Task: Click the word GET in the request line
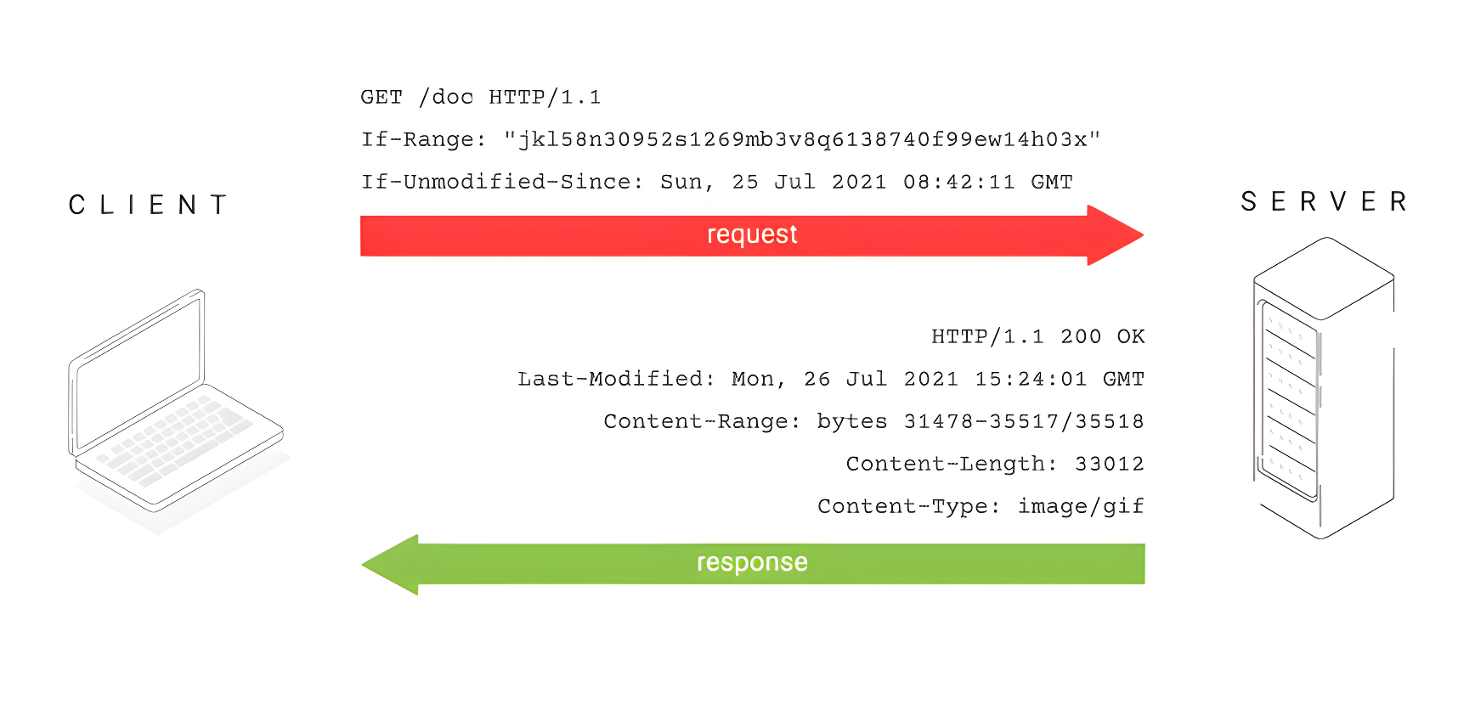tap(381, 97)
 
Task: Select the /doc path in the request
tap(446, 97)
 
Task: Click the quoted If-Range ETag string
tap(802, 139)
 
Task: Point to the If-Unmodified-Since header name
tap(502, 182)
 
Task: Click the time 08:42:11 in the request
tap(959, 182)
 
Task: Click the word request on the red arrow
tap(752, 234)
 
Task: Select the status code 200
tap(1081, 336)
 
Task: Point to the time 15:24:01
tap(1031, 379)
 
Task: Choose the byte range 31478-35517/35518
tap(1024, 421)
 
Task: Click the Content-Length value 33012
tap(1110, 464)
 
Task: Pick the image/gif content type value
tap(1081, 506)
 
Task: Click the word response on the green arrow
tap(752, 562)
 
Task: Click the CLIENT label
tap(148, 205)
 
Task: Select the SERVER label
tap(1324, 201)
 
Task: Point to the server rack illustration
tap(1324, 387)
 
